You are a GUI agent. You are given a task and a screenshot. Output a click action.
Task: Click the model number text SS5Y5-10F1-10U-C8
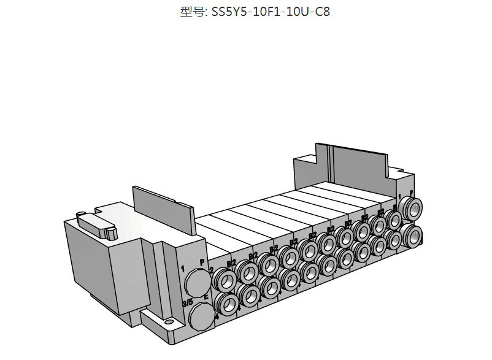271,12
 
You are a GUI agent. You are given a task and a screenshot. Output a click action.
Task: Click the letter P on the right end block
410,193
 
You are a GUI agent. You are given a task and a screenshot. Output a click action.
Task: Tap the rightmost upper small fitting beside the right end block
393,220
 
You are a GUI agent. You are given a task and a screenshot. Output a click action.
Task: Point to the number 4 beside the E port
217,318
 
